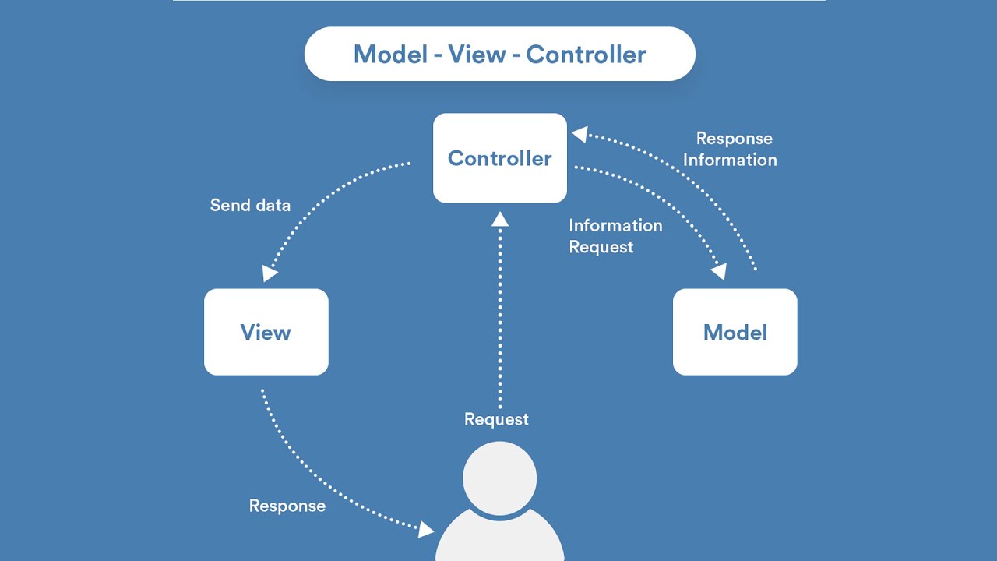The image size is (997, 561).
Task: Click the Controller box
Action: pos(500,158)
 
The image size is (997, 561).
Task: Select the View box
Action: pos(266,332)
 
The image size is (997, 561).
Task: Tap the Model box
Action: pos(735,332)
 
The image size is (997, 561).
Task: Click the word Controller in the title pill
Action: pos(586,55)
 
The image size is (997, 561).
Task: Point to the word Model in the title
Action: pos(390,55)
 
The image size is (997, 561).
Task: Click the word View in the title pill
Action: pos(477,55)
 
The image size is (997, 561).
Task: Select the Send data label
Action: pos(250,205)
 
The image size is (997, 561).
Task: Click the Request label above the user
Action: pos(496,419)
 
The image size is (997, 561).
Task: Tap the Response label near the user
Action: pos(287,506)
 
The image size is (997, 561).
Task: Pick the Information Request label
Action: pos(615,236)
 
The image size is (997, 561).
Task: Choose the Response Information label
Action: pos(730,149)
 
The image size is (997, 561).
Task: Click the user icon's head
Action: pos(499,478)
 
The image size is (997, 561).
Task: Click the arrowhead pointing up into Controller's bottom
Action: pos(500,219)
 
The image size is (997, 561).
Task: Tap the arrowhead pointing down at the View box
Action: pos(270,273)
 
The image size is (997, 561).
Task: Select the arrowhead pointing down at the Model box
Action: pos(719,271)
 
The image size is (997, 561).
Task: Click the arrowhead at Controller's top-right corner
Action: pos(580,134)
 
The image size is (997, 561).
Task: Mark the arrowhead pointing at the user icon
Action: pos(426,530)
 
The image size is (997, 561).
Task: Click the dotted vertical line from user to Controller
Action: pos(500,316)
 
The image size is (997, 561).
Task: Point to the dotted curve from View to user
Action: pos(317,475)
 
